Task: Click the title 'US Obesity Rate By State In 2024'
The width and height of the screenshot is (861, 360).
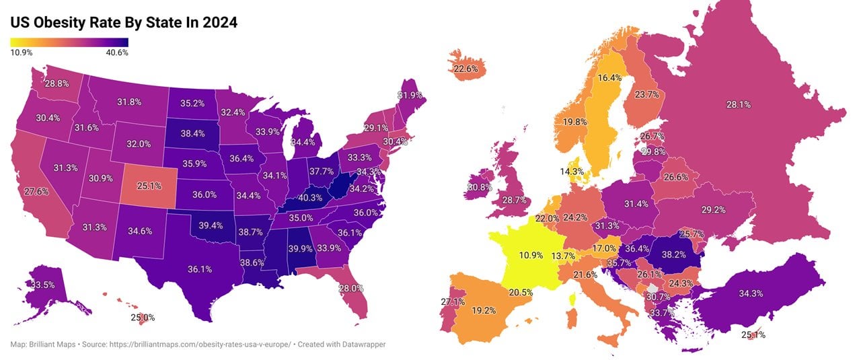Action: (x=124, y=23)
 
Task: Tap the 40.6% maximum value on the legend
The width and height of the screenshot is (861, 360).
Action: (x=117, y=52)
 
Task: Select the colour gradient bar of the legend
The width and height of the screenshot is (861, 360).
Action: (x=69, y=42)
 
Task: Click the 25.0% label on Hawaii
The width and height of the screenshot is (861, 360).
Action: (x=143, y=318)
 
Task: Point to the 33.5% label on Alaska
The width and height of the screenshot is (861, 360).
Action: (x=42, y=285)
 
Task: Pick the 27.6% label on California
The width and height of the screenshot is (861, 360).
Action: (x=36, y=192)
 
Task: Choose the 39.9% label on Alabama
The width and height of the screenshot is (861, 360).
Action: (x=301, y=248)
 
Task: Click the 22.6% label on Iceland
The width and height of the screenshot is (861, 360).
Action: (x=465, y=69)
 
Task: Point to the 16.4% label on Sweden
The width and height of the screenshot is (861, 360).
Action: (x=610, y=78)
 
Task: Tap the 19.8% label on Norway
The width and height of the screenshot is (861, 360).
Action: (x=575, y=122)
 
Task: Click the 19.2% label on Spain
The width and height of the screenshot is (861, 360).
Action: (x=484, y=311)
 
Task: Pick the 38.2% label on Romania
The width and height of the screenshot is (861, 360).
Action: (x=673, y=255)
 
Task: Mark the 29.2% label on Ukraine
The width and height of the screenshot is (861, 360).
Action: (x=713, y=210)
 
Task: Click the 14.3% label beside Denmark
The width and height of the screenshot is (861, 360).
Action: (x=572, y=172)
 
